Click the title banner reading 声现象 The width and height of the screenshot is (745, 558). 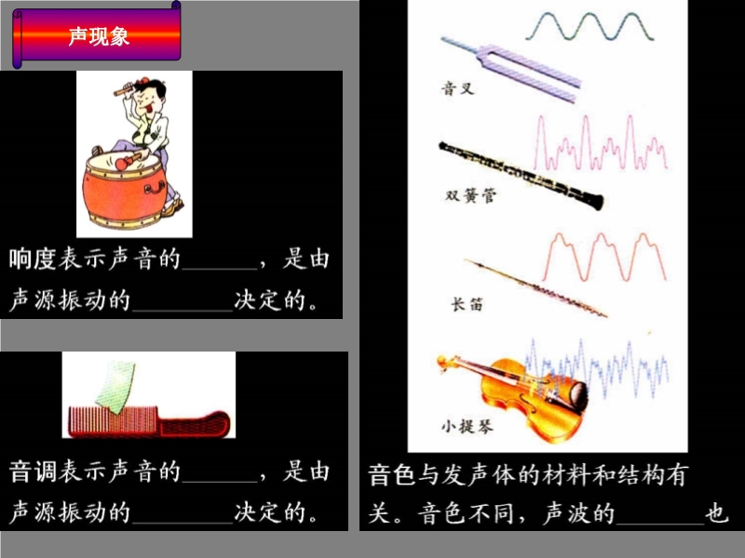tap(97, 34)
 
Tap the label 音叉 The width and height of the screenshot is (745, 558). tap(457, 88)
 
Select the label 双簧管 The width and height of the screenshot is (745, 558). tap(470, 195)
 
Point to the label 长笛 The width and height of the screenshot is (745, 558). tap(467, 304)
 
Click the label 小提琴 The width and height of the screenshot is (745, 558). tap(467, 426)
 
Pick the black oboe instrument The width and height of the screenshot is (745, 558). tap(521, 176)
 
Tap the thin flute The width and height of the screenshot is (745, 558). tap(536, 287)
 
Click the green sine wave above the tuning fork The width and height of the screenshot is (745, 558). tap(589, 27)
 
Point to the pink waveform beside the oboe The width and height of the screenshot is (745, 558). tap(601, 142)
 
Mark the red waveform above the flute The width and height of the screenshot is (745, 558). tap(604, 257)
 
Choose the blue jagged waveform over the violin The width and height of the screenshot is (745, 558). tap(597, 367)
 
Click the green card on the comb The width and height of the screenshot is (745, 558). tap(115, 386)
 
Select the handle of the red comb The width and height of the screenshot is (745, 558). tap(195, 423)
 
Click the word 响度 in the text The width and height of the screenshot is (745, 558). tap(33, 259)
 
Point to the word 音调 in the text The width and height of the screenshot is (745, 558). tap(33, 472)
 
